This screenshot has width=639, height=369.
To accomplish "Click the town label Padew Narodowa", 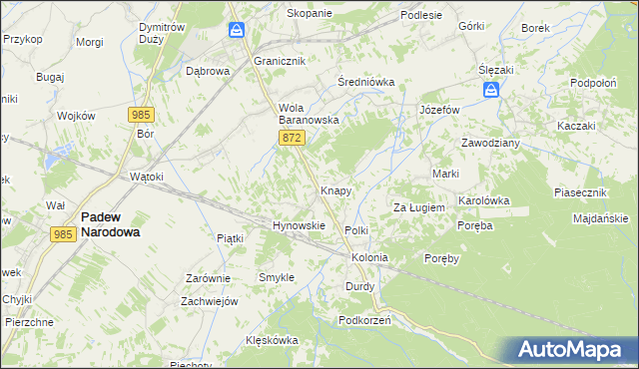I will click(110, 223).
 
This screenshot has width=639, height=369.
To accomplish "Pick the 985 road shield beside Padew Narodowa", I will click(63, 233).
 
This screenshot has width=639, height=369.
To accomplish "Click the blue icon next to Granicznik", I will click(237, 31).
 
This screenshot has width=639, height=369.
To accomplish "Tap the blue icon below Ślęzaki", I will click(491, 91).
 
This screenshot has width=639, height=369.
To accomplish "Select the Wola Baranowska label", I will click(310, 114).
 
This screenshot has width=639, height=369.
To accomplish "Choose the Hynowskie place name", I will click(300, 225).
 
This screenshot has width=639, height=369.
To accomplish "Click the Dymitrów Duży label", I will click(161, 33).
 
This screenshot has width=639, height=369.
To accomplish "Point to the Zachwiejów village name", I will click(209, 301).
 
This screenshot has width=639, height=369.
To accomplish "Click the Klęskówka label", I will click(273, 340).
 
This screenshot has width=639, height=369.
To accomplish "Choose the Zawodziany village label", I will click(489, 143).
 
